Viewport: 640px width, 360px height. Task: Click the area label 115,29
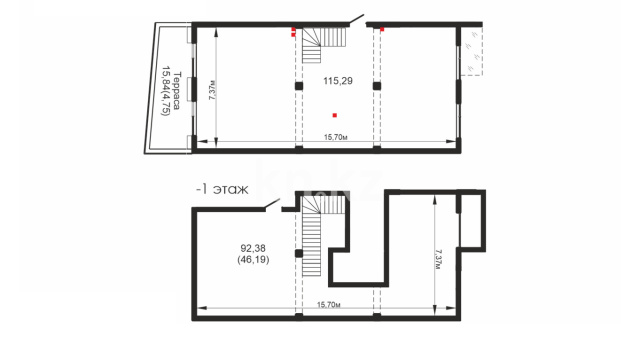pyautogui.click(x=338, y=81)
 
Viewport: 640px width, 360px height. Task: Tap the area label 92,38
pyautogui.click(x=253, y=248)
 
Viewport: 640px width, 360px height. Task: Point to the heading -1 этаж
pyautogui.click(x=222, y=190)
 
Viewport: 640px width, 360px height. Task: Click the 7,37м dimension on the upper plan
pyautogui.click(x=212, y=90)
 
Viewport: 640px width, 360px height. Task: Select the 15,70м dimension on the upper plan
pyautogui.click(x=336, y=137)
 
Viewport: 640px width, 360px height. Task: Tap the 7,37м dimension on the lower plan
pyautogui.click(x=439, y=259)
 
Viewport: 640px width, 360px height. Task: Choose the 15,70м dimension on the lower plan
pyautogui.click(x=329, y=304)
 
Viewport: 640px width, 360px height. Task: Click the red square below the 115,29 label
pyautogui.click(x=335, y=116)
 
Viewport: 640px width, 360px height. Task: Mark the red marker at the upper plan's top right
pyautogui.click(x=382, y=29)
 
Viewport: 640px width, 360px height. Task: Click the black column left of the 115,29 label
pyautogui.click(x=299, y=86)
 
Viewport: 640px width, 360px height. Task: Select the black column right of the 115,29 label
pyautogui.click(x=377, y=86)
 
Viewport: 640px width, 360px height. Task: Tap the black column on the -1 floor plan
pyautogui.click(x=299, y=253)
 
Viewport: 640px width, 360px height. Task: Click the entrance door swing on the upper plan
pyautogui.click(x=356, y=20)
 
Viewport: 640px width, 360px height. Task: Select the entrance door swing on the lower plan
pyautogui.click(x=272, y=204)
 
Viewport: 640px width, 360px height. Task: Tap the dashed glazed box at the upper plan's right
pyautogui.click(x=472, y=51)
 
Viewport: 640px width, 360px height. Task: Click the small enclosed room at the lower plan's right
pyautogui.click(x=471, y=220)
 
